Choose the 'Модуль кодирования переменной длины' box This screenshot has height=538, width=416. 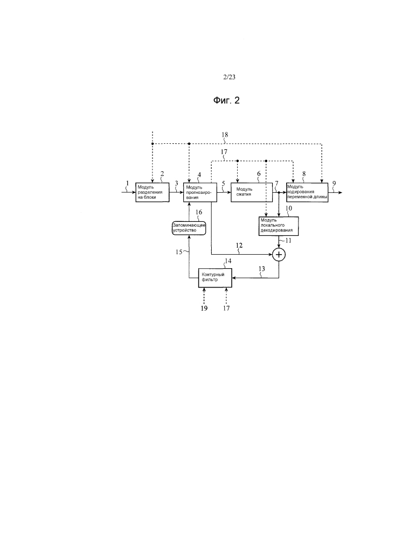[307, 192]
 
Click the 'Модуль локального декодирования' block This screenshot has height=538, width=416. [279, 226]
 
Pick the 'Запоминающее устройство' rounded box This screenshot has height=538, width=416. [189, 228]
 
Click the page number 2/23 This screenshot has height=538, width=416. [229, 78]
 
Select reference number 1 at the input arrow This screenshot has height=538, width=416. [127, 183]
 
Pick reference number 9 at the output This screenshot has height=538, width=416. [335, 183]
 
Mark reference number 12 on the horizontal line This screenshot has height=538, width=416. [239, 246]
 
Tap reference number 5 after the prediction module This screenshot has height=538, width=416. [223, 183]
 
